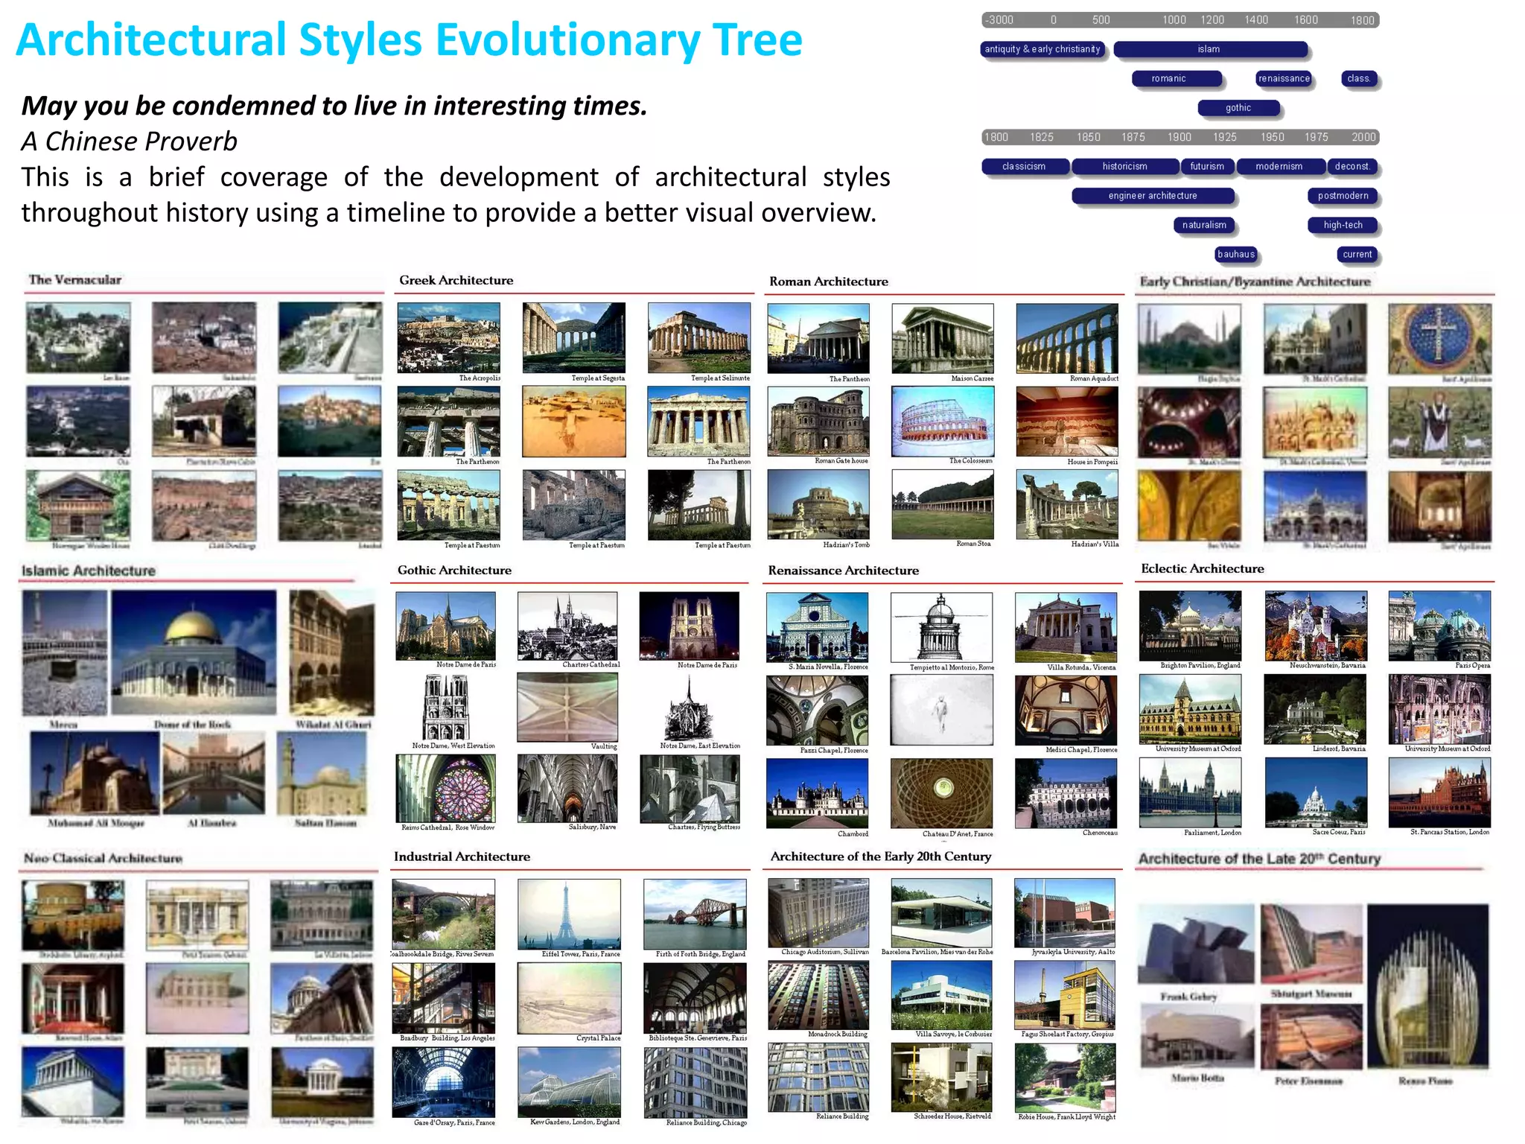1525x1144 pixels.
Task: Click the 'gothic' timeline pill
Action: click(1238, 108)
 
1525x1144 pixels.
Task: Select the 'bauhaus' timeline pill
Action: click(1236, 255)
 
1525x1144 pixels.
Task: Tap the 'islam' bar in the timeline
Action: click(1209, 49)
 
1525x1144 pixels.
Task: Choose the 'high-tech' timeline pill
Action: click(1343, 225)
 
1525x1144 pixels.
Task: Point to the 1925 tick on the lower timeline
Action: click(1225, 137)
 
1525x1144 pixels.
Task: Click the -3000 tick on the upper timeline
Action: click(1000, 20)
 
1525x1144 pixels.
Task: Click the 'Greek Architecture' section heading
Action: click(456, 280)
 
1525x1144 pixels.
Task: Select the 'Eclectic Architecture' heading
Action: click(1202, 568)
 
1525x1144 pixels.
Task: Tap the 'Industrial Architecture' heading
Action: click(462, 857)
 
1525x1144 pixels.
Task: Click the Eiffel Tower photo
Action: click(569, 914)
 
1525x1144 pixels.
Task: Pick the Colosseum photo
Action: click(943, 422)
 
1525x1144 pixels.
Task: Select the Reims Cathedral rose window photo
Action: click(446, 788)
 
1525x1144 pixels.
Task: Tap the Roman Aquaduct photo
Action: click(1067, 338)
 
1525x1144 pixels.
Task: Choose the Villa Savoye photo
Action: click(942, 995)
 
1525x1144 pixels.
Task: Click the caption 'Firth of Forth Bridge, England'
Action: click(700, 954)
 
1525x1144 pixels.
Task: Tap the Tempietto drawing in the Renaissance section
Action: click(941, 626)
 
